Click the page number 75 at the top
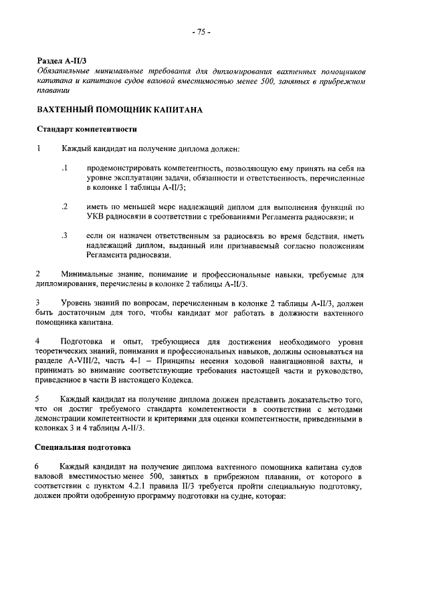[201, 31]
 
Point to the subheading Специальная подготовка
[83, 446]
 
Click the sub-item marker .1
[64, 167]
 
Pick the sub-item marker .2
[64, 207]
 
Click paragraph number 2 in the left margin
[39, 275]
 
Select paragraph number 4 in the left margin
[39, 342]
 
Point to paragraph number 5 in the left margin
[39, 398]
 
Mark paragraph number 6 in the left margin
[39, 466]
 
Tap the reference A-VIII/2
[78, 362]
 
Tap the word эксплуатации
[142, 178]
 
